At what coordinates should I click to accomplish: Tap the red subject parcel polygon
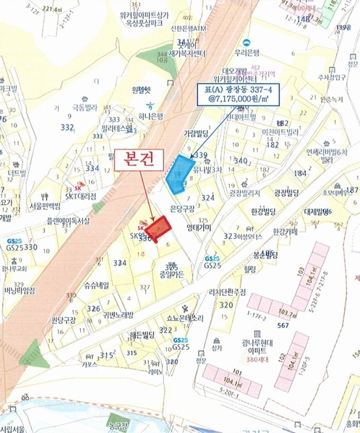(x=158, y=227)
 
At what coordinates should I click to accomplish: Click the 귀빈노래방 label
(x=119, y=315)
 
